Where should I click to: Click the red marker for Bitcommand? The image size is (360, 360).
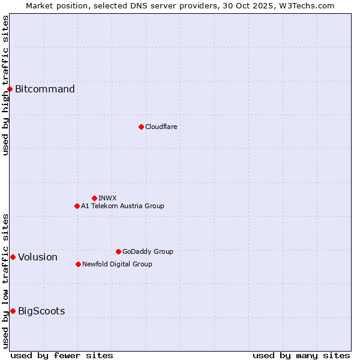(x=10, y=89)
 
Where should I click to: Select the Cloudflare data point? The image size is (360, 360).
(x=141, y=127)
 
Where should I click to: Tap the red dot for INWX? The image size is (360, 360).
(x=94, y=198)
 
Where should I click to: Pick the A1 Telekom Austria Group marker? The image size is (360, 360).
(x=77, y=206)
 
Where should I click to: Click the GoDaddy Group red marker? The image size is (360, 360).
(x=118, y=251)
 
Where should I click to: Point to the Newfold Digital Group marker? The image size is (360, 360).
(x=78, y=264)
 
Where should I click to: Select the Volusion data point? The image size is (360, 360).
(x=13, y=257)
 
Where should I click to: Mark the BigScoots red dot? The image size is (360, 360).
(x=13, y=311)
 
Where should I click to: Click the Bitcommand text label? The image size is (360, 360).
(x=45, y=89)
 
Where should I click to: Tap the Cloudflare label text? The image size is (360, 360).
(x=161, y=127)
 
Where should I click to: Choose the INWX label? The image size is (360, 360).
(x=107, y=198)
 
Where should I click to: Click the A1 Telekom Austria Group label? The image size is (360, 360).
(x=122, y=206)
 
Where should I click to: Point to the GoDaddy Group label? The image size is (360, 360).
(x=148, y=251)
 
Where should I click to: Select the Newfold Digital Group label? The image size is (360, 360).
(x=117, y=264)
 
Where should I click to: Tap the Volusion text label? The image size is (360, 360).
(x=38, y=257)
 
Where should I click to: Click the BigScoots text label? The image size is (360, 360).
(x=41, y=311)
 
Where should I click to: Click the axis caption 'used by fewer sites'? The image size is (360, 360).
(x=62, y=355)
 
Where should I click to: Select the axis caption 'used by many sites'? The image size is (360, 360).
(x=301, y=355)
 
